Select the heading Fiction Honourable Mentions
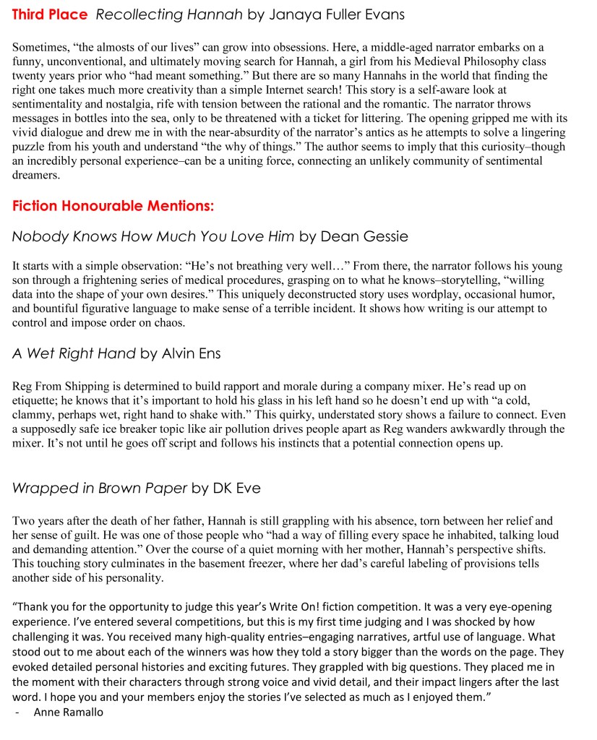113,206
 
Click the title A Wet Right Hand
74,353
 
